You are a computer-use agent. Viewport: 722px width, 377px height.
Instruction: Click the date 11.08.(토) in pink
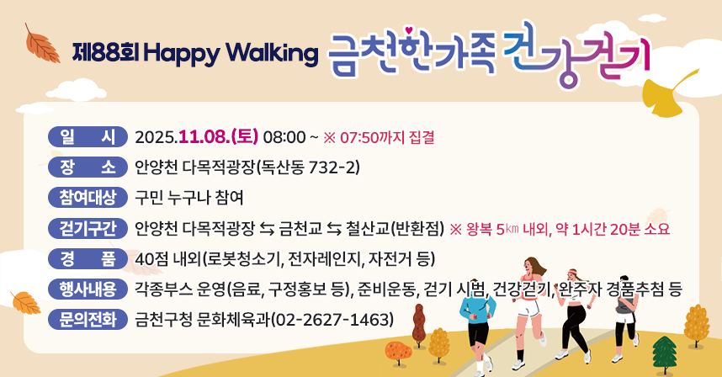tap(218, 135)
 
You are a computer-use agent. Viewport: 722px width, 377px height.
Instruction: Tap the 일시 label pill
tap(88, 135)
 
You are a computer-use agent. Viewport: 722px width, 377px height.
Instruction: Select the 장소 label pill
tap(88, 166)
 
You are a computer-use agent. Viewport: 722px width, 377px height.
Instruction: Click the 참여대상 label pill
tap(88, 197)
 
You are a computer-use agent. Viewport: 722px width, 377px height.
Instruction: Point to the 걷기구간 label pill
tap(88, 228)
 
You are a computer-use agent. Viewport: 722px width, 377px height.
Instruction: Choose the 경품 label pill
tap(88, 258)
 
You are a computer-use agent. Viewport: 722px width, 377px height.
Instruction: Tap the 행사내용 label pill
tap(88, 289)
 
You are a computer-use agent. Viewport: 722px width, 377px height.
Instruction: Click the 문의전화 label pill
tap(88, 320)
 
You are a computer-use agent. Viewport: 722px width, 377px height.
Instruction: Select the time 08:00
tap(284, 135)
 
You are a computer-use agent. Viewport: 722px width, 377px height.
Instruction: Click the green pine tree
tap(665, 353)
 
